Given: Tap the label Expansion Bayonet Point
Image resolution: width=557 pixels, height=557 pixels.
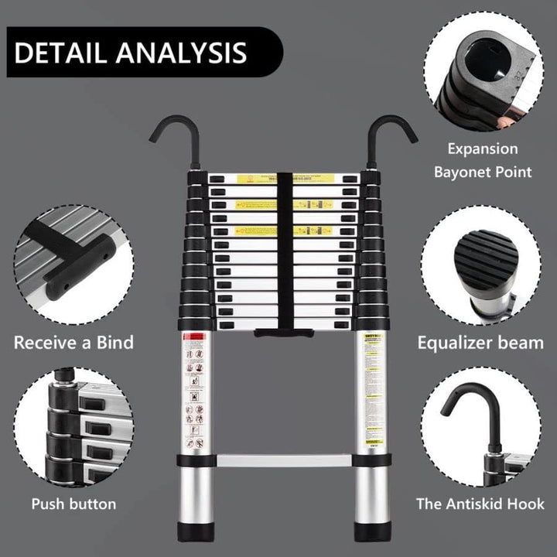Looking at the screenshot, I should tap(484, 160).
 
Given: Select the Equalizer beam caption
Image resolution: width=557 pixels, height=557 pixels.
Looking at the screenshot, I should tap(480, 343).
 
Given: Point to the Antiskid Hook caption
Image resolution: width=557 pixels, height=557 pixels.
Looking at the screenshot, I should tap(480, 504).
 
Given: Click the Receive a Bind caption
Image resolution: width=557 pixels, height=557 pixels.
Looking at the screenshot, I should tap(73, 343).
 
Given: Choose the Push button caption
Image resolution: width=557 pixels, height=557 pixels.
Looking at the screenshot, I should tap(73, 504).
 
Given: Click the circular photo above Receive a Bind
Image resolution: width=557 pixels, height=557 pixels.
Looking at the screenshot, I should tap(73, 263).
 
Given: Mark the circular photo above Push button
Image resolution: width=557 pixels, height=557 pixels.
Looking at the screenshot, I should tap(73, 430).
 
